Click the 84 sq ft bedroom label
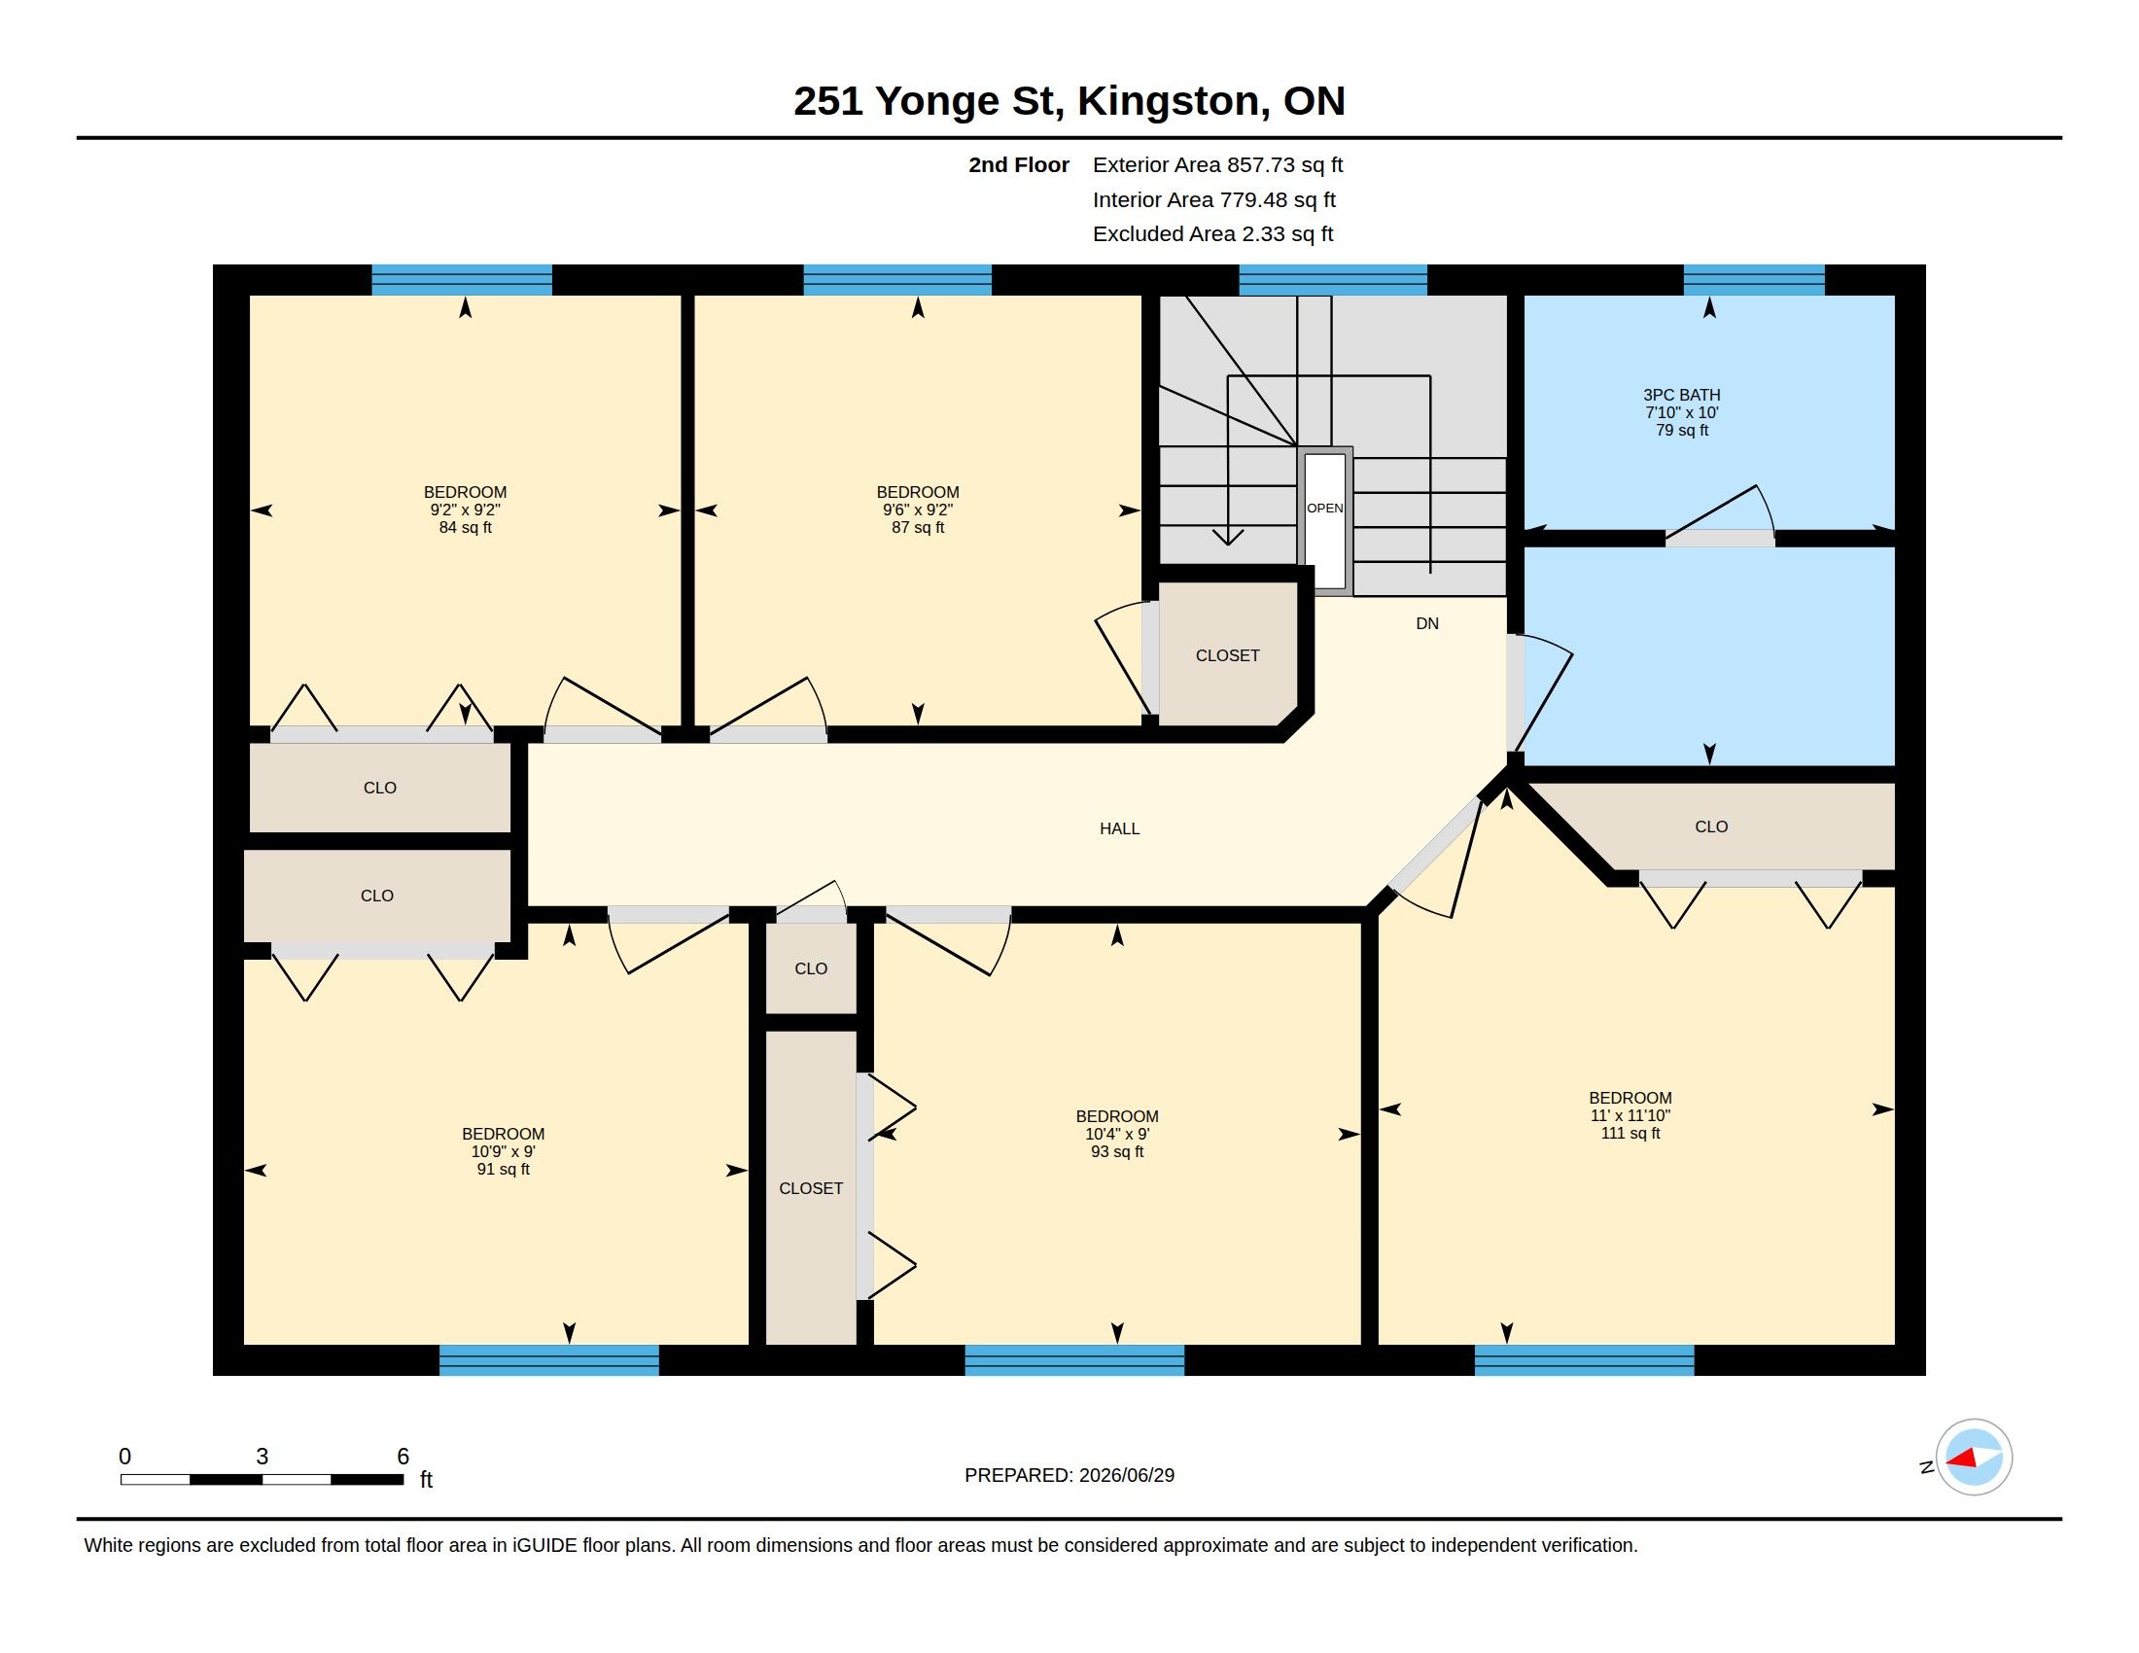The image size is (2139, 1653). pyautogui.click(x=465, y=510)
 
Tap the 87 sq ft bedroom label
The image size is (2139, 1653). pyautogui.click(x=918, y=510)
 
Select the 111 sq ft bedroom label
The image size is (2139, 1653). pyautogui.click(x=1630, y=1115)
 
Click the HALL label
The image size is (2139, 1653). pyautogui.click(x=1119, y=828)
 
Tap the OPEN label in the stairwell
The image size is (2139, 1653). pyautogui.click(x=1325, y=509)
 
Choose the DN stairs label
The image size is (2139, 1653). pyautogui.click(x=1427, y=624)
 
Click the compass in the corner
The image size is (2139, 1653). pyautogui.click(x=1974, y=1458)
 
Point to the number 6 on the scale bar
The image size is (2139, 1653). pyautogui.click(x=403, y=1457)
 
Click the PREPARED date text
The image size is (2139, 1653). pyautogui.click(x=1069, y=1476)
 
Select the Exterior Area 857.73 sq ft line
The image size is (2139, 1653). pyautogui.click(x=1217, y=165)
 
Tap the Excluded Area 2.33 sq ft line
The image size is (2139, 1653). pyautogui.click(x=1212, y=234)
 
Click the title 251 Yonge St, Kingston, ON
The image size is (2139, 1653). pyautogui.click(x=1069, y=101)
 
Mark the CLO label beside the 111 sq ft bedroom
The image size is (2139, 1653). pyautogui.click(x=1711, y=826)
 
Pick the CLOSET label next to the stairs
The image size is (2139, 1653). pyautogui.click(x=1227, y=655)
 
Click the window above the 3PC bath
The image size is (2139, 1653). pyautogui.click(x=1754, y=280)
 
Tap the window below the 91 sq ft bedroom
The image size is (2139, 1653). pyautogui.click(x=548, y=1360)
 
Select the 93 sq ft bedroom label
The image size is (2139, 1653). pyautogui.click(x=1116, y=1134)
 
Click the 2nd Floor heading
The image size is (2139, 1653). pyautogui.click(x=1019, y=165)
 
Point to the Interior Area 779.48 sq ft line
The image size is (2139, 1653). pyautogui.click(x=1213, y=199)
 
